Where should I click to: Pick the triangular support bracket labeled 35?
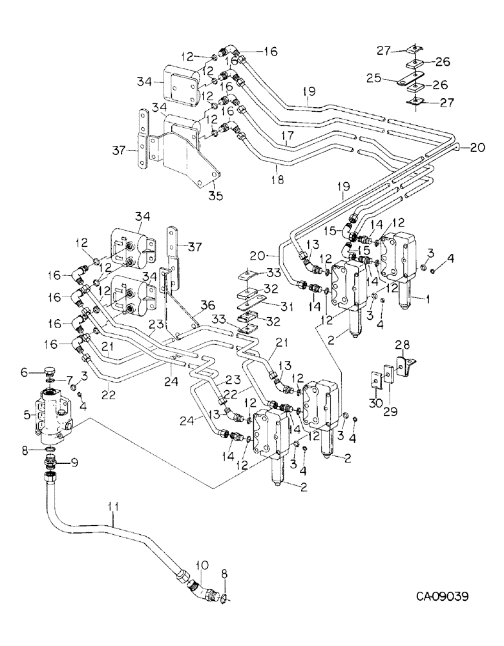(x=191, y=155)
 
